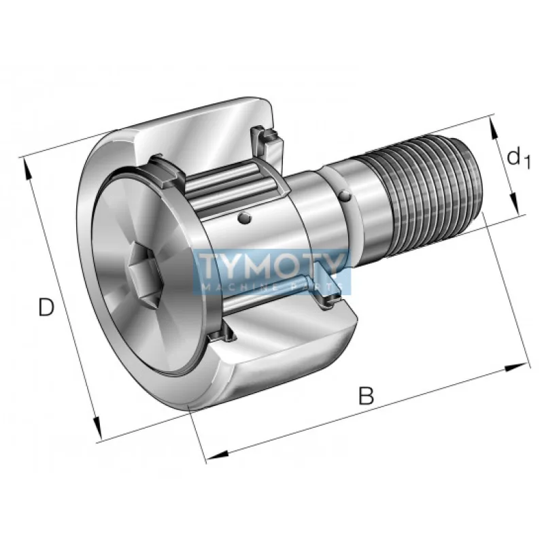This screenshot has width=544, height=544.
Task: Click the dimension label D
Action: tap(46, 307)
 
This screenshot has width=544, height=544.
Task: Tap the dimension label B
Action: tap(366, 396)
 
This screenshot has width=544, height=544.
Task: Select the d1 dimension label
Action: tap(518, 157)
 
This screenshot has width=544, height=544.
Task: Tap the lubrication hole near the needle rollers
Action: tap(244, 218)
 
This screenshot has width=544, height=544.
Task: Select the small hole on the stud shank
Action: tap(345, 195)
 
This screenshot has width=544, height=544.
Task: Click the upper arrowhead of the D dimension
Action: tap(26, 169)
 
